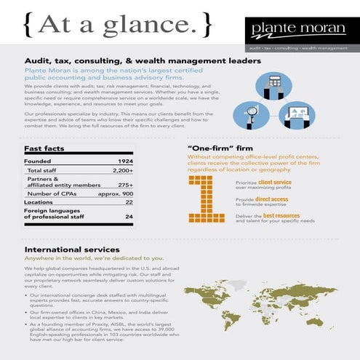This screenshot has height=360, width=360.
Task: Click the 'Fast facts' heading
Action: (44, 149)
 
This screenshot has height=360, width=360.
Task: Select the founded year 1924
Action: (125, 161)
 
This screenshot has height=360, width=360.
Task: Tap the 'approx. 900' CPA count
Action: (115, 194)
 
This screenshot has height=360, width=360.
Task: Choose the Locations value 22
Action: (129, 203)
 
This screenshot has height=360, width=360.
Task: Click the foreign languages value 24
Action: (129, 216)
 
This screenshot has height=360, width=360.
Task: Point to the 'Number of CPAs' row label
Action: (49, 194)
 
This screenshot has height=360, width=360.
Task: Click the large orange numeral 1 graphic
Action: (206, 196)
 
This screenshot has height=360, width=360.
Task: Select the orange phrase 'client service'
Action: (274, 183)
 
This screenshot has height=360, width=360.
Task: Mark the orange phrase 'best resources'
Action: (281, 216)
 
